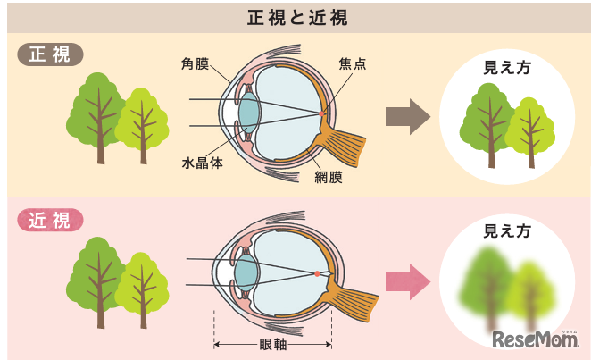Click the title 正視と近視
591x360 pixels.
295,16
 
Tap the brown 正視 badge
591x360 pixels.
50,54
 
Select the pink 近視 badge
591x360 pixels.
50,220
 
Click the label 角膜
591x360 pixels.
197,63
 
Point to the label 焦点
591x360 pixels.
353,63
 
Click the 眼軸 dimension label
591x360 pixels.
272,345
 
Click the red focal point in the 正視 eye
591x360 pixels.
322,113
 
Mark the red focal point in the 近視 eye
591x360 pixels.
317,272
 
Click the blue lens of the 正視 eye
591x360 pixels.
249,113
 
